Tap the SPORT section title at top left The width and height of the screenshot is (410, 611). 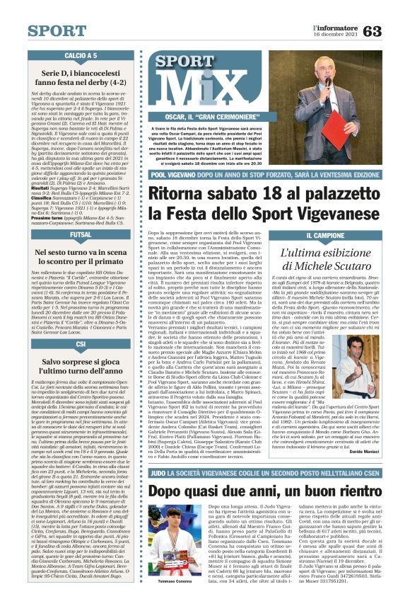click(57, 31)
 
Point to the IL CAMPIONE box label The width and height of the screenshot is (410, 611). click(329, 234)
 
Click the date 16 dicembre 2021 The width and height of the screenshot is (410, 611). click(336, 34)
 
